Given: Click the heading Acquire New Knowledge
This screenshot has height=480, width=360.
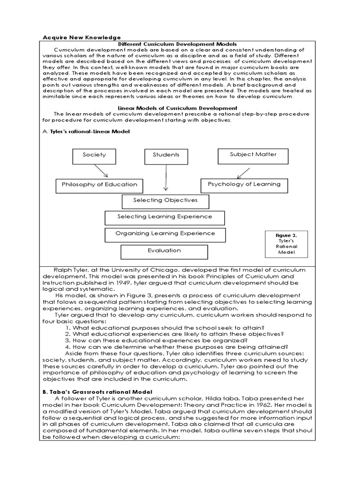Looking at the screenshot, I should tap(82, 37).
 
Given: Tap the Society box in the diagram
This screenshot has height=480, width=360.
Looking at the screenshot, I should tap(94, 155).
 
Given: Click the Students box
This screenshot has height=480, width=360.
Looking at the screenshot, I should tap(166, 155).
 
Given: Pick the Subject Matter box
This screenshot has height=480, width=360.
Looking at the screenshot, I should tap(253, 154).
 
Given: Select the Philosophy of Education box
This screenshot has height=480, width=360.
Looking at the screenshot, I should tap(99, 185).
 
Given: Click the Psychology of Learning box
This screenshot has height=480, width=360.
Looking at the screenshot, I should tap(244, 184).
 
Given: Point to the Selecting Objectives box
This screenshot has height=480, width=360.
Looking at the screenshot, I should tap(165, 201).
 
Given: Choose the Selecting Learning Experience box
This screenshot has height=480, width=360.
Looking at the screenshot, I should tap(165, 217).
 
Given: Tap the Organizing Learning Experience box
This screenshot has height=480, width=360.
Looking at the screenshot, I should tap(165, 233).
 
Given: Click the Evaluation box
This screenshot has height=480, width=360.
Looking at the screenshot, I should tap(164, 251).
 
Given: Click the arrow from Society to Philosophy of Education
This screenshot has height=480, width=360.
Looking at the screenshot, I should tap(102, 171).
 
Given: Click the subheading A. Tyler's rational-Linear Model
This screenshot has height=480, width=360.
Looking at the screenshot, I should tap(86, 132).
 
